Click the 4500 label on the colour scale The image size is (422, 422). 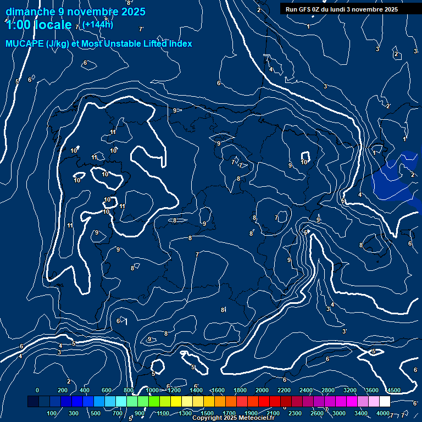tap(393, 390)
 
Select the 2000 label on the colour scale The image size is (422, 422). tap(262, 390)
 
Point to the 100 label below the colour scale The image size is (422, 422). tap(52, 413)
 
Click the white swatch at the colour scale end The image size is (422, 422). tap(385, 402)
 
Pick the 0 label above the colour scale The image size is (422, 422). tap(37, 390)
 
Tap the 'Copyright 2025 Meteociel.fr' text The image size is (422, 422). tap(234, 418)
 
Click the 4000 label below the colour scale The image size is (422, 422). tap(383, 413)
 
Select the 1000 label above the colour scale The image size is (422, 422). tap(152, 390)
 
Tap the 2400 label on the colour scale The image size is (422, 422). tap(306, 390)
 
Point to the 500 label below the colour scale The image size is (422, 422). tap(96, 413)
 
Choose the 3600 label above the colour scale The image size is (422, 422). tap(371, 390)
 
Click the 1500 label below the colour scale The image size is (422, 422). tap(207, 413)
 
